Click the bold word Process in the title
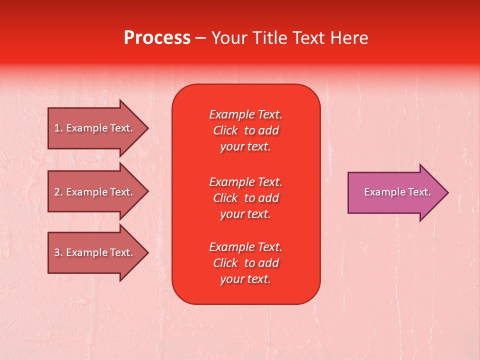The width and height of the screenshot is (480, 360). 157,38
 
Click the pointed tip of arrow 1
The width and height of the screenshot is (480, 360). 147,128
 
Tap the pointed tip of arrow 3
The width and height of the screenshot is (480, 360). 147,252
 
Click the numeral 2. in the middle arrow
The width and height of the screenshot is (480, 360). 58,192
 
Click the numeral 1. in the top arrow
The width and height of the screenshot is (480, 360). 58,128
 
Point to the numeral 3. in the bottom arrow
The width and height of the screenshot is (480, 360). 58,252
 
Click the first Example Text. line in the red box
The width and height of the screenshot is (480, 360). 245,114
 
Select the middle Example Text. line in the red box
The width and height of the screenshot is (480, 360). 245,181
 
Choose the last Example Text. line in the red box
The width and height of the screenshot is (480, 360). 245,247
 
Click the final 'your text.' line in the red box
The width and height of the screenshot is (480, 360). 245,279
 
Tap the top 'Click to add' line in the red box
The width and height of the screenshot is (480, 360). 245,130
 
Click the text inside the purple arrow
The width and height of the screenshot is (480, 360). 397,192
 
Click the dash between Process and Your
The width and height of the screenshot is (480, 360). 200,38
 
